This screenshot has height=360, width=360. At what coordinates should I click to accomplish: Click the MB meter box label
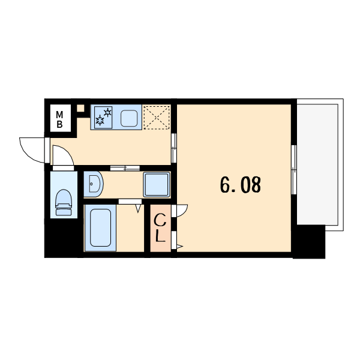pyautogui.click(x=59, y=119)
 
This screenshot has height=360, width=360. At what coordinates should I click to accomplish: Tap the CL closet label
pyautogui.click(x=160, y=227)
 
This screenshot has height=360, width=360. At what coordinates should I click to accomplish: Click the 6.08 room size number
pyautogui.click(x=241, y=185)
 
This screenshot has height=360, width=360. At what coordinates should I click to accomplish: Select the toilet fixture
pyautogui.click(x=64, y=202)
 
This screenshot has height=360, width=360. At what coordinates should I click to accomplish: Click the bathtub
pyautogui.click(x=100, y=228)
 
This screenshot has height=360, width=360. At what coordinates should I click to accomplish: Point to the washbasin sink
pyautogui.click(x=94, y=184)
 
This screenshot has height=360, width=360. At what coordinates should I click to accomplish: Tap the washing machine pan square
pyautogui.click(x=157, y=185)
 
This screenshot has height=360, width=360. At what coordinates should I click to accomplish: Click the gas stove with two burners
pyautogui.click(x=103, y=118)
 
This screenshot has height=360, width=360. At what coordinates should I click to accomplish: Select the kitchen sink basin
pyautogui.click(x=129, y=118)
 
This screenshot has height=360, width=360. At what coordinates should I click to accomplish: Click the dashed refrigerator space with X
pyautogui.click(x=157, y=118)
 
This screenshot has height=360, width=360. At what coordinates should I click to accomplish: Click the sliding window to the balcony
pyautogui.click(x=294, y=170)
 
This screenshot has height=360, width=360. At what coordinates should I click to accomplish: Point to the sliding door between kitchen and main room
pyautogui.click(x=174, y=148)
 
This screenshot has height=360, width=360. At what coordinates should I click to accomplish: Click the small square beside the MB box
pyautogui.click(x=80, y=108)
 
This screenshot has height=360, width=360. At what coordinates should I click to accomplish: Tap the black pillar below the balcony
pyautogui.click(x=309, y=242)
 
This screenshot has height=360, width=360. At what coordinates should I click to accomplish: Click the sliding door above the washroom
pyautogui.click(x=125, y=168)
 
